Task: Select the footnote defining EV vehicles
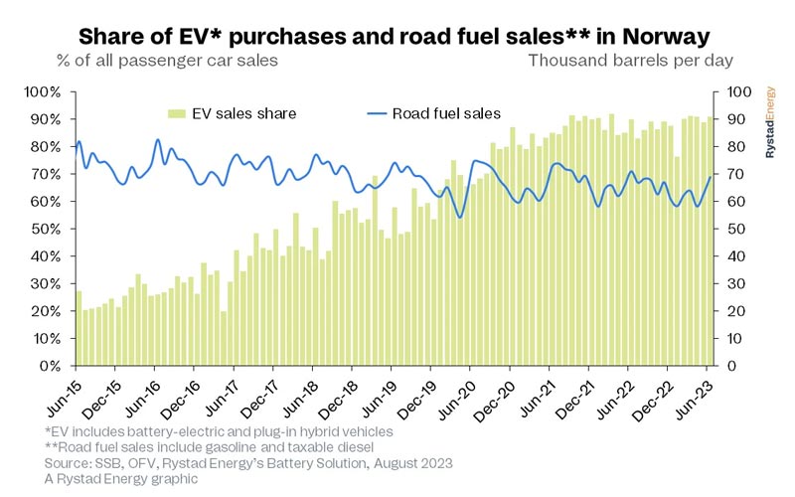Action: [x=220, y=431]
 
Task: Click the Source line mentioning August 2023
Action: [x=248, y=463]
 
